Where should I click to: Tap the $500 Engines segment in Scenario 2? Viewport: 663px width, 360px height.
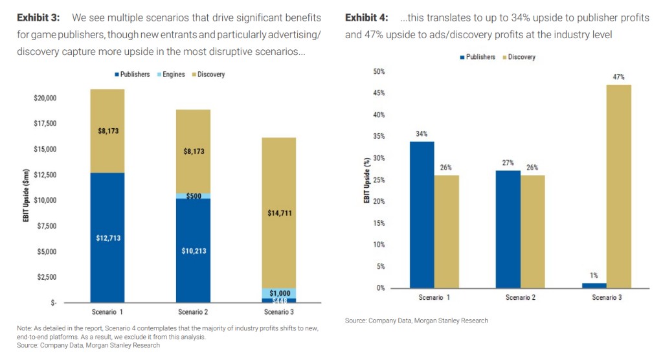click(x=193, y=196)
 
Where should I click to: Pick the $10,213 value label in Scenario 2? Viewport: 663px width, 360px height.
click(x=194, y=251)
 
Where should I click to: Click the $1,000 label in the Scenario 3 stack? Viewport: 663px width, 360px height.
click(x=279, y=293)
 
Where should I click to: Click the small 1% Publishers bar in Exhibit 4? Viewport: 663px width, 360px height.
click(x=595, y=286)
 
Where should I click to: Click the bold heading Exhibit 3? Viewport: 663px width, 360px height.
click(x=39, y=17)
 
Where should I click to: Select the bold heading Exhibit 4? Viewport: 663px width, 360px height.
click(x=366, y=17)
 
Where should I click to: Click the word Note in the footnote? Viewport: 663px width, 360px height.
click(x=24, y=328)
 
